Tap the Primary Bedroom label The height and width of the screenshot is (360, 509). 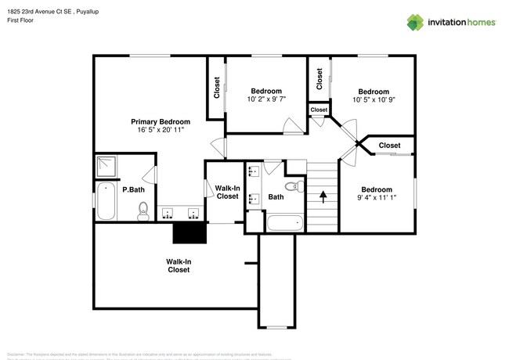(x=160, y=121)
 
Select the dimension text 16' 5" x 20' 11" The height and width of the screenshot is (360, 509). (x=160, y=130)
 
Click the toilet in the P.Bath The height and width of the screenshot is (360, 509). (x=143, y=210)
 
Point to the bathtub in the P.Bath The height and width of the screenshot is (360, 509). (x=105, y=200)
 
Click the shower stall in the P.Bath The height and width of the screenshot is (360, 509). (x=106, y=166)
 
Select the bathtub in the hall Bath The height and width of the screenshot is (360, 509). (x=283, y=223)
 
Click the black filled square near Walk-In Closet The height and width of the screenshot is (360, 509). (x=189, y=232)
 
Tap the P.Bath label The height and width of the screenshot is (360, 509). (x=133, y=189)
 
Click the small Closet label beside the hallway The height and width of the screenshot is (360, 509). (x=319, y=110)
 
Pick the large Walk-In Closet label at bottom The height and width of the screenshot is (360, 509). (x=178, y=265)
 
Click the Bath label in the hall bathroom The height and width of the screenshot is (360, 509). (x=276, y=197)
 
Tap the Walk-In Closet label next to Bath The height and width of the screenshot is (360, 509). (x=227, y=192)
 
